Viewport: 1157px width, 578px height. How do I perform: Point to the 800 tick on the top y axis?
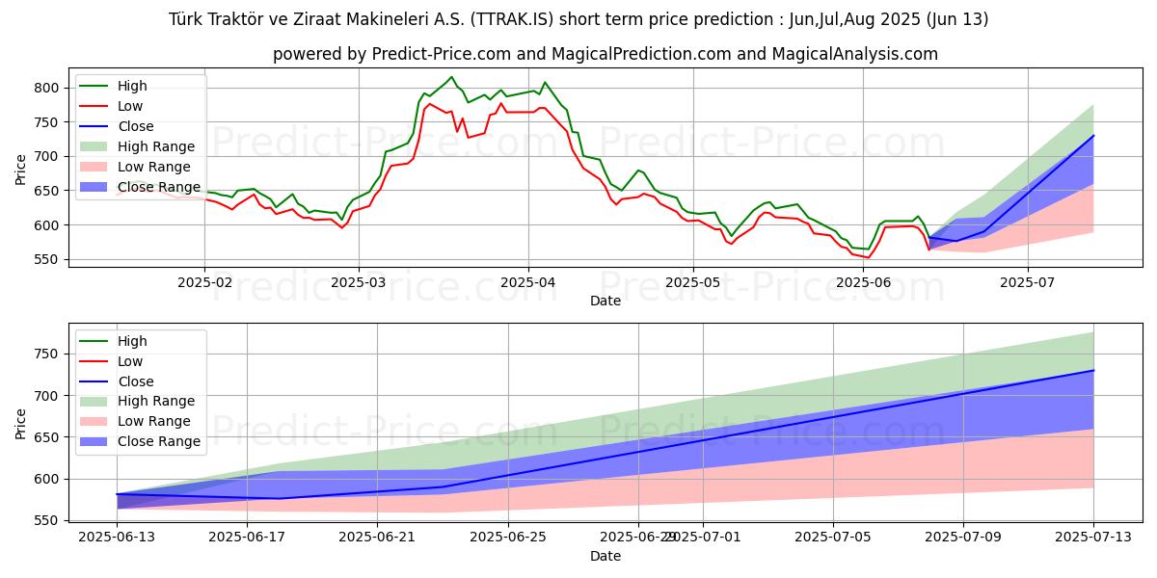[x=45, y=88]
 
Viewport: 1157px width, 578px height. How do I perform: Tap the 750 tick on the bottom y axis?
[x=45, y=355]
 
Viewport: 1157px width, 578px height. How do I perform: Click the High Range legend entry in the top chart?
[x=154, y=146]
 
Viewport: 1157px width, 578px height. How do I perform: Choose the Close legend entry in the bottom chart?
[x=135, y=381]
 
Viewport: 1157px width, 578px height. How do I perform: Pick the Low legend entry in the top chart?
[x=129, y=106]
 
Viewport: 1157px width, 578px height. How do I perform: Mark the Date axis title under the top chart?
[x=605, y=302]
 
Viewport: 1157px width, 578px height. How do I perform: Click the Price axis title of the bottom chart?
[x=21, y=423]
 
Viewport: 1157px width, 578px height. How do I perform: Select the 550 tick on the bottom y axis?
[x=45, y=521]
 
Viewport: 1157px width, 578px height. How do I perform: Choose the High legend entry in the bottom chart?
[x=131, y=341]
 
